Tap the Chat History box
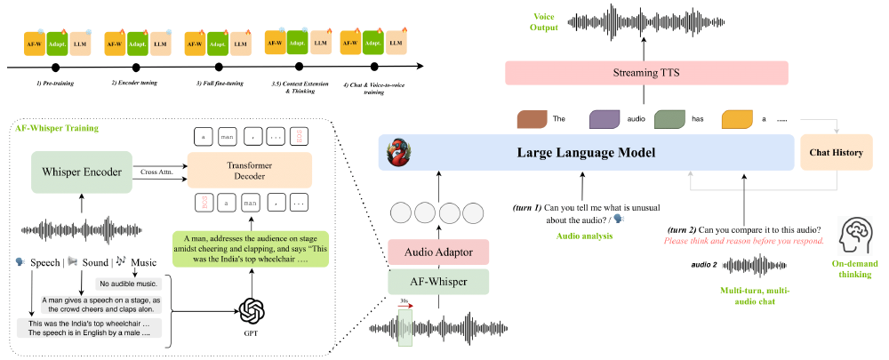[x=836, y=153]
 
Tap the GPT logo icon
[x=252, y=311]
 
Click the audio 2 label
[x=705, y=264]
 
